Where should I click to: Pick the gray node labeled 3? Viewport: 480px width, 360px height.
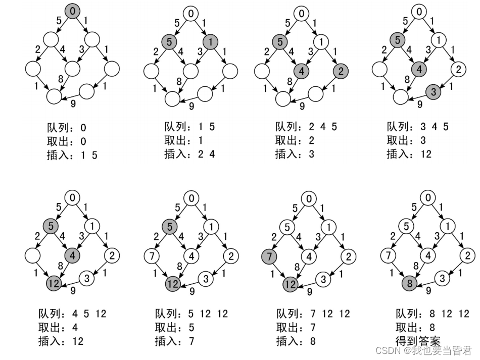(433, 92)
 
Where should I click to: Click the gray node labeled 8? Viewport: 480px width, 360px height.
(410, 284)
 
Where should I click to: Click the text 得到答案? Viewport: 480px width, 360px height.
(418, 340)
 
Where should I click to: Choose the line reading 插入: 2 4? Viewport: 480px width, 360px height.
(189, 154)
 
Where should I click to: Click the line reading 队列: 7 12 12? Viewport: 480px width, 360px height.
(313, 314)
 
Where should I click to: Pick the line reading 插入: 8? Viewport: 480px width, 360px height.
(296, 341)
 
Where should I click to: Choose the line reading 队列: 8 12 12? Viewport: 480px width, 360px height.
(432, 314)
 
